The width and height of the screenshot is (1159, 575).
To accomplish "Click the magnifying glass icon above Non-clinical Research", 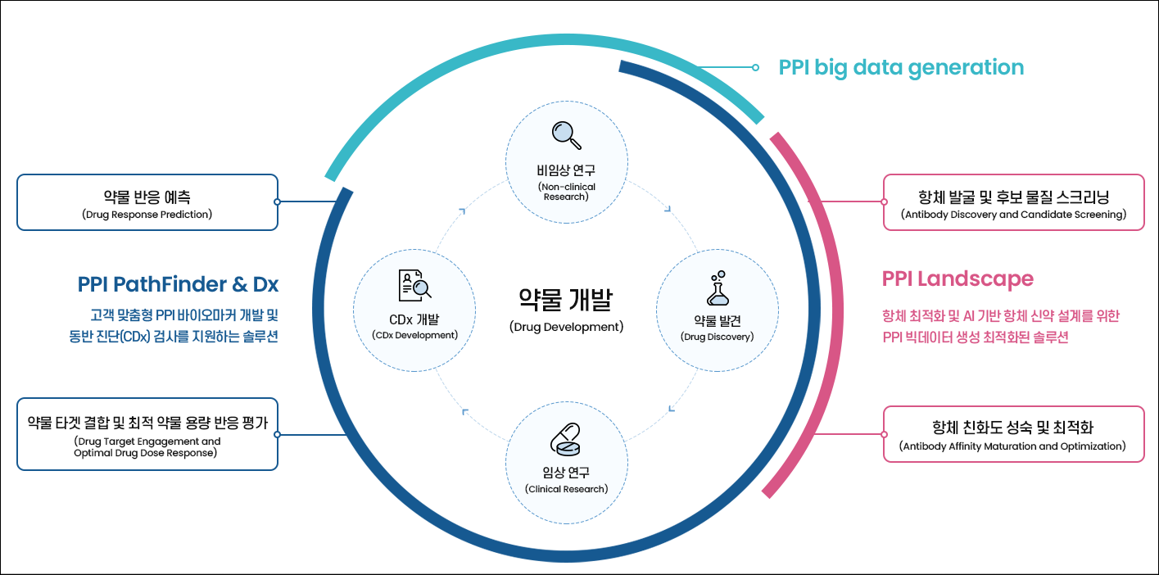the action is (x=566, y=135).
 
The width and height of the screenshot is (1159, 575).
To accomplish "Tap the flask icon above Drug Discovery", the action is (x=718, y=288).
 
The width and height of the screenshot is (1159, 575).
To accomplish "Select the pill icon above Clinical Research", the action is (x=565, y=440).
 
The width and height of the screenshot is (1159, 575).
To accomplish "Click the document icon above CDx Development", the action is (x=414, y=285).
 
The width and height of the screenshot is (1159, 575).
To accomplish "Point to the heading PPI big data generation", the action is (x=901, y=68).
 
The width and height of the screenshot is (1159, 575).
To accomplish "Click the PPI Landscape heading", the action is (x=958, y=279).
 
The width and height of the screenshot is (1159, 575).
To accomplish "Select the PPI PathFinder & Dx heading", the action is (x=178, y=284).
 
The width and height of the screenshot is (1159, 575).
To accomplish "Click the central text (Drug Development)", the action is (x=566, y=327).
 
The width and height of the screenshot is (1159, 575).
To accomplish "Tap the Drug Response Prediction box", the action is (x=147, y=202).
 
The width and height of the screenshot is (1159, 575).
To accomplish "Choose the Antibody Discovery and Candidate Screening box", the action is (x=1013, y=202).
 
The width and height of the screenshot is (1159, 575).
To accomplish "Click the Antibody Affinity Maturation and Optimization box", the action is (x=1013, y=434).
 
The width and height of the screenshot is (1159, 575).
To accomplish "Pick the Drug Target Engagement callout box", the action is (x=147, y=434).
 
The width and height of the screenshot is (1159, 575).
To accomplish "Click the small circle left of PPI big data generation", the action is (x=755, y=67).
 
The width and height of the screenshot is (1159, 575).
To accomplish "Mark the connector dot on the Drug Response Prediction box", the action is (x=278, y=201).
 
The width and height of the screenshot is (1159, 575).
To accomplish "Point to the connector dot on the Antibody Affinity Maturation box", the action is (x=884, y=434).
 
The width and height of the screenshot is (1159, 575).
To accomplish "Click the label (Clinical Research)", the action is (x=566, y=489).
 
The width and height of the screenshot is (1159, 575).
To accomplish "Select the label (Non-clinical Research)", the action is (x=566, y=192).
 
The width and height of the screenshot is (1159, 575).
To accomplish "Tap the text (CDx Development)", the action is (x=414, y=335).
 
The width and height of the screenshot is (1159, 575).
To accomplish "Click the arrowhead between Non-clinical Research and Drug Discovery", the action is (x=668, y=209).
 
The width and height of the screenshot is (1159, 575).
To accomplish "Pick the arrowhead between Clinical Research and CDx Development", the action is (x=465, y=412).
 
